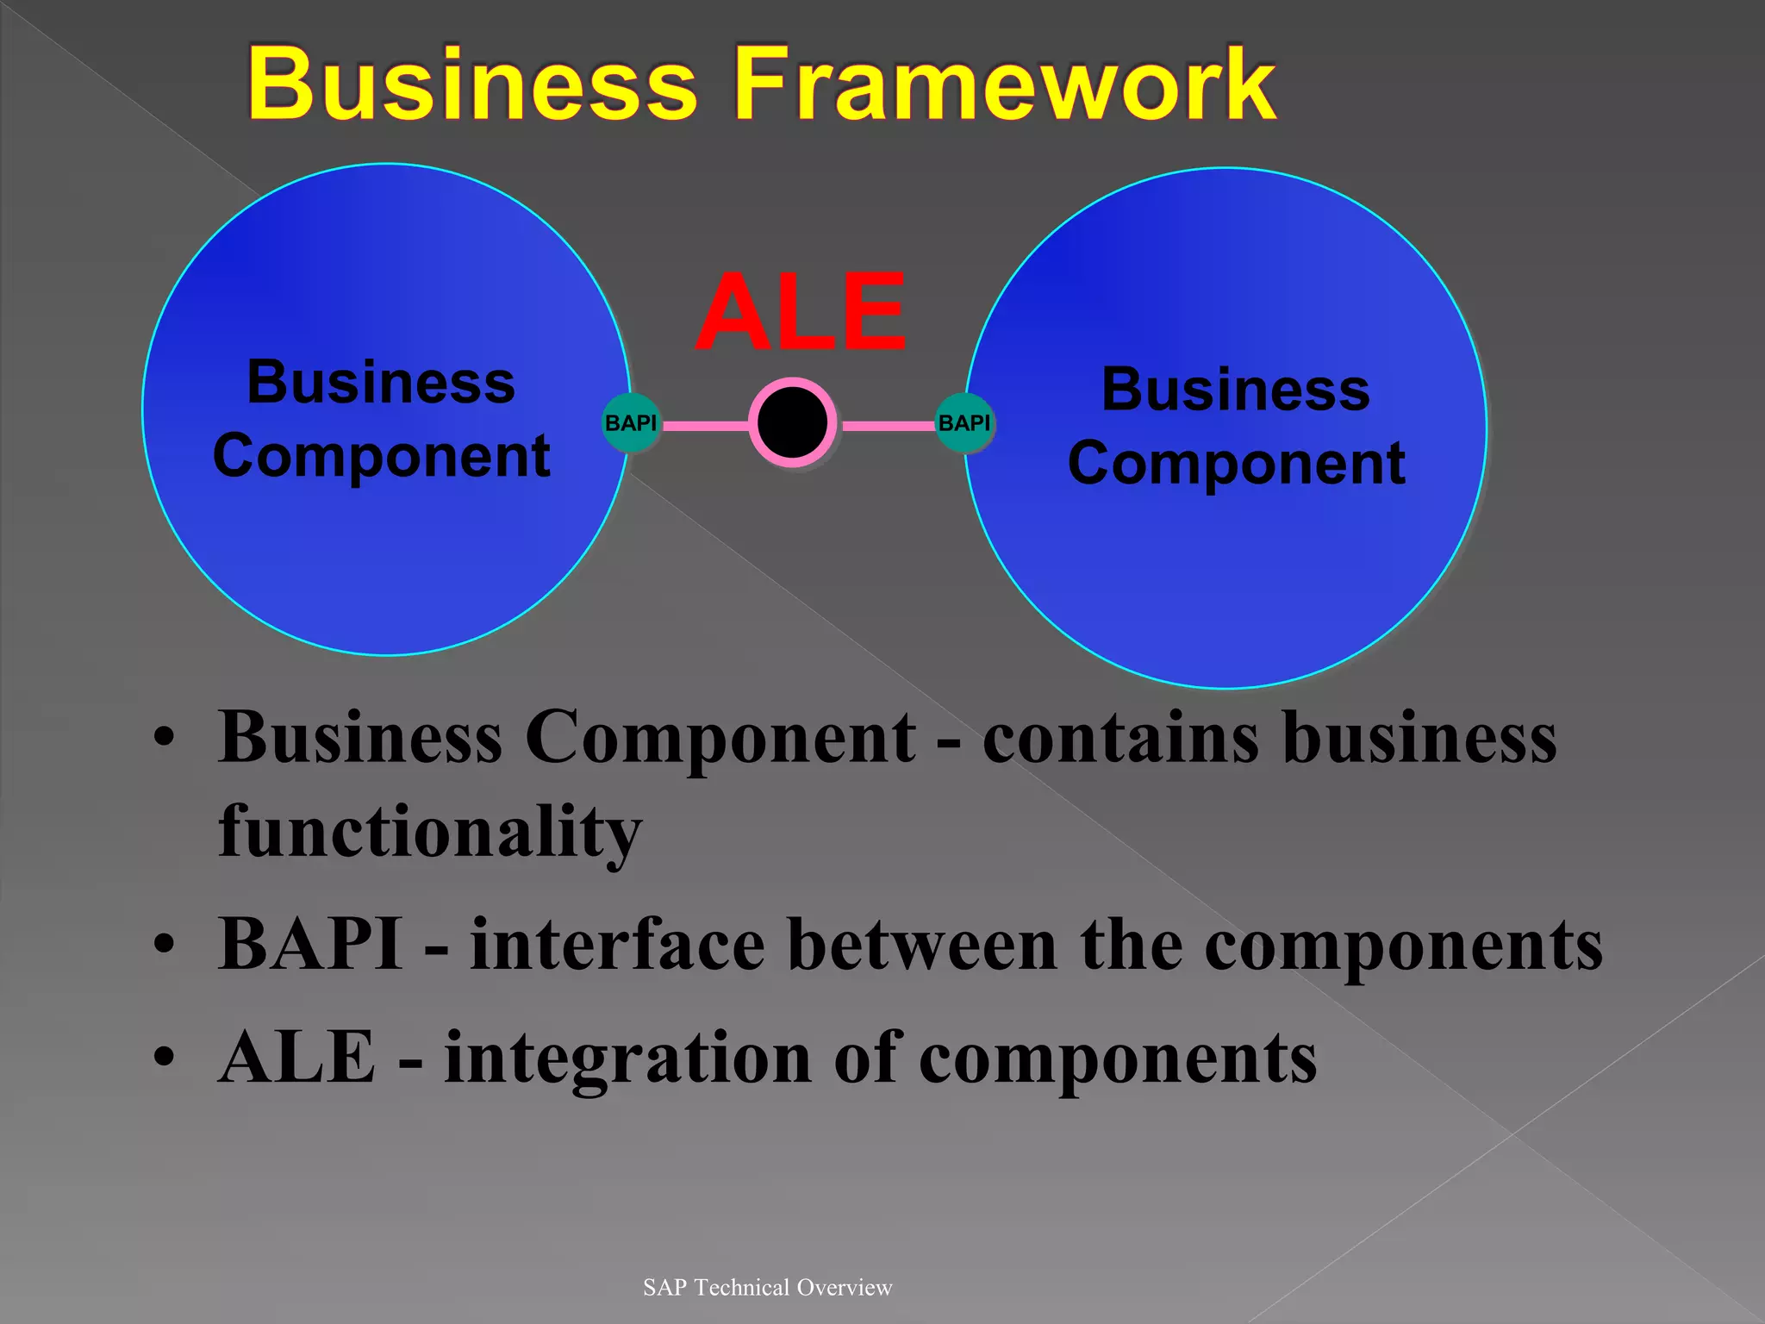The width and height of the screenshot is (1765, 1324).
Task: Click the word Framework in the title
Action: [1004, 84]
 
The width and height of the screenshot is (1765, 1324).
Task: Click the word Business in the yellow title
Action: [472, 84]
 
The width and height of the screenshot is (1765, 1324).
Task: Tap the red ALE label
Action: [801, 312]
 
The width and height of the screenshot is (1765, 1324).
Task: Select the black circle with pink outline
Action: [792, 422]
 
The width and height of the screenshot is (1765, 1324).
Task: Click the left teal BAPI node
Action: [631, 422]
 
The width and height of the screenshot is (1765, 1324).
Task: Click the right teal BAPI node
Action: [964, 422]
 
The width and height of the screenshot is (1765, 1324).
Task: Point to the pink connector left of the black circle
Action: [705, 425]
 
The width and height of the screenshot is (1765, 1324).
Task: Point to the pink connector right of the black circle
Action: [888, 425]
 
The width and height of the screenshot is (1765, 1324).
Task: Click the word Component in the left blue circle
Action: [381, 456]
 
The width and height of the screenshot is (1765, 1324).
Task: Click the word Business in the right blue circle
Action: [1235, 390]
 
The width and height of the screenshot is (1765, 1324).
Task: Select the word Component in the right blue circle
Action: [1236, 464]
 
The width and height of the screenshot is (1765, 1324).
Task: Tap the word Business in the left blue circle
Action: [381, 382]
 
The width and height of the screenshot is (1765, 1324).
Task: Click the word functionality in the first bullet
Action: [430, 831]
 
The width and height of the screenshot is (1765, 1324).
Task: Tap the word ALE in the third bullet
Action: [297, 1058]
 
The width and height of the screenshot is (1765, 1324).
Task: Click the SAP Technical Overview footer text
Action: [767, 1287]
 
